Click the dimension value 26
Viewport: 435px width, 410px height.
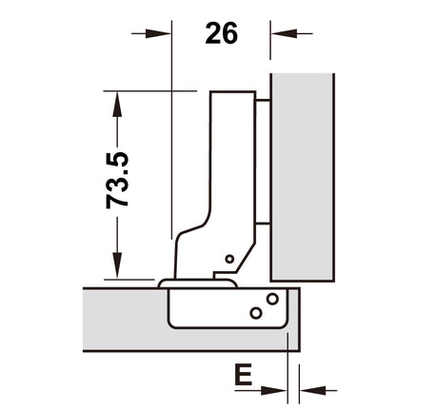[x=221, y=33]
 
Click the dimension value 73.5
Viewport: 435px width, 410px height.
[x=117, y=180]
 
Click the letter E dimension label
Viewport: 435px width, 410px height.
[x=243, y=375]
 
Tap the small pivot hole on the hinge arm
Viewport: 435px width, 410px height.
[x=229, y=259]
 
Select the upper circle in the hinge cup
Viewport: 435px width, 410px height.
[x=272, y=299]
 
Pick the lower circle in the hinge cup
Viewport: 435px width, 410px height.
[x=256, y=313]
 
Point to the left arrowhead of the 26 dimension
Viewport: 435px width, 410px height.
[x=158, y=33]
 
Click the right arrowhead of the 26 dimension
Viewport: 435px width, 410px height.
[x=285, y=33]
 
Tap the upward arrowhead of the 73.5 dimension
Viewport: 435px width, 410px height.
[x=117, y=105]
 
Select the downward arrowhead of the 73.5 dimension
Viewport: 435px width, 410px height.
[x=117, y=265]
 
